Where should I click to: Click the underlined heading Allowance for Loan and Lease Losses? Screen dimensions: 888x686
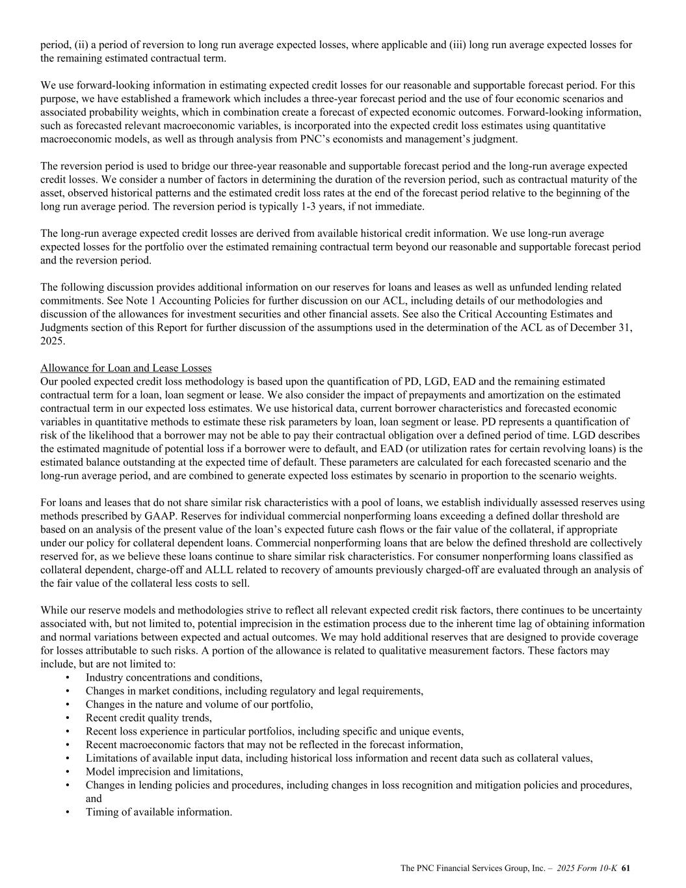[x=125, y=368]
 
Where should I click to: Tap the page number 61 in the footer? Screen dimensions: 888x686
[x=626, y=868]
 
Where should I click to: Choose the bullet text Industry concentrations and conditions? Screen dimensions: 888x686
[x=174, y=677]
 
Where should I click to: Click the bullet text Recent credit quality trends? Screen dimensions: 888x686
[x=148, y=718]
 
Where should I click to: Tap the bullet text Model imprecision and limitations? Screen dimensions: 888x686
[x=164, y=772]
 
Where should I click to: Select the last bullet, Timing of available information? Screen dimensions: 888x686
[x=159, y=812]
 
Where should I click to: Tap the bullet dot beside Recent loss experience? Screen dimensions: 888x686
[x=68, y=731]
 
